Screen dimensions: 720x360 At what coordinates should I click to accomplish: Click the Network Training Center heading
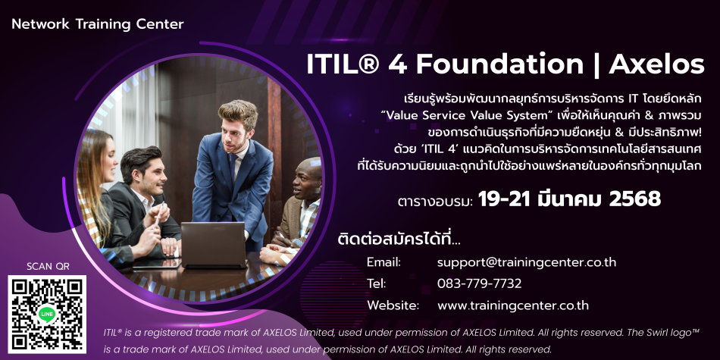tap(97, 24)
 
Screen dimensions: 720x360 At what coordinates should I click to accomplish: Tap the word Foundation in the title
tap(499, 64)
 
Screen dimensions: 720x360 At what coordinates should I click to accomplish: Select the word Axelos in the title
tap(656, 64)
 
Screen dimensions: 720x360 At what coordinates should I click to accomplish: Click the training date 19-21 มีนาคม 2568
tap(569, 199)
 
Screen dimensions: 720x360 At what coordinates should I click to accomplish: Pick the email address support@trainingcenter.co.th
tap(527, 263)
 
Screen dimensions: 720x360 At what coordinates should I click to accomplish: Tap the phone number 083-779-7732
tap(480, 283)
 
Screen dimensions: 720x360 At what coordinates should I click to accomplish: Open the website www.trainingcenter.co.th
tap(513, 305)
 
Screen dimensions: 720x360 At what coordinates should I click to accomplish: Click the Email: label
tap(384, 263)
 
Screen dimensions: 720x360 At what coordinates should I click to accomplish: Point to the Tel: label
tap(377, 283)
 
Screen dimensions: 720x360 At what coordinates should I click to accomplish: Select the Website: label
tap(393, 305)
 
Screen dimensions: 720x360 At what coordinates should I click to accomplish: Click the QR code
tap(47, 315)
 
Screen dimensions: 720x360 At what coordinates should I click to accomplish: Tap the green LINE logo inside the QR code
tap(47, 314)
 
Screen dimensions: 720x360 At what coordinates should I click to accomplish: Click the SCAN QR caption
tap(48, 266)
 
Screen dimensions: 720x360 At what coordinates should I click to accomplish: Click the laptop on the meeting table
tap(214, 245)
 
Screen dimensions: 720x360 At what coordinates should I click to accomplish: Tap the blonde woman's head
tap(97, 155)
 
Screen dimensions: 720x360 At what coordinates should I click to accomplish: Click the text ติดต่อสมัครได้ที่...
tap(399, 239)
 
